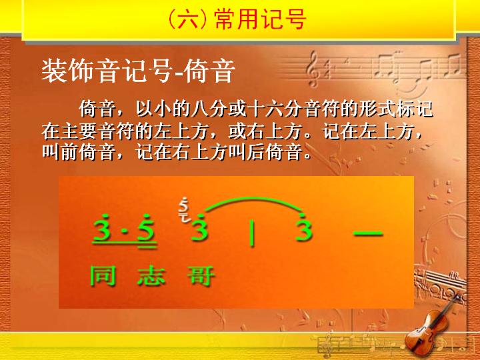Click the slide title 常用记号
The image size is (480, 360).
pyautogui.click(x=260, y=19)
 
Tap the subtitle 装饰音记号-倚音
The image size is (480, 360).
pyautogui.click(x=139, y=71)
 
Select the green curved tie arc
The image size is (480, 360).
pyautogui.click(x=254, y=199)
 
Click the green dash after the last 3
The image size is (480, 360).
pyautogui.click(x=368, y=233)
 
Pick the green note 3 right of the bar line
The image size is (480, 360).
pyautogui.click(x=304, y=227)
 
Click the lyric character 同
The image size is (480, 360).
pyautogui.click(x=103, y=276)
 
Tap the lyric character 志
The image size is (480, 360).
pyautogui.click(x=151, y=276)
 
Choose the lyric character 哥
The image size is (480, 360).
pyautogui.click(x=201, y=276)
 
